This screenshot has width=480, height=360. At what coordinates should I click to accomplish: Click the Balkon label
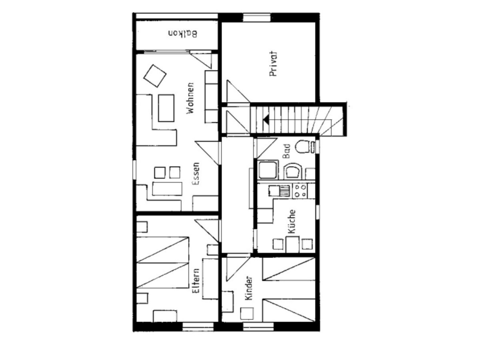pos(182,34)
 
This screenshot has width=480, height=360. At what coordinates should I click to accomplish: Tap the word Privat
pos(273,64)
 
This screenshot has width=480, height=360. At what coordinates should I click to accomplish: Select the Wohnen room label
pos(190,98)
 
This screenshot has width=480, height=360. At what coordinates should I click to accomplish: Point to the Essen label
pos(196,174)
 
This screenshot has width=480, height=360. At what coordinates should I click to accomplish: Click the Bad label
pos(286,151)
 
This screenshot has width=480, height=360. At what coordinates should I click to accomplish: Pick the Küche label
pos(292,222)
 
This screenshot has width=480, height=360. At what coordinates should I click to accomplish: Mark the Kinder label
pos(249,288)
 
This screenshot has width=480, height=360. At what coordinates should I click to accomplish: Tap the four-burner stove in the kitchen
pos(300,191)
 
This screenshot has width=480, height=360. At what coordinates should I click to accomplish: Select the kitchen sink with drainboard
pos(279,191)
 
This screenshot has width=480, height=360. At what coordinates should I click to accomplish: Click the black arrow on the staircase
pos(266,120)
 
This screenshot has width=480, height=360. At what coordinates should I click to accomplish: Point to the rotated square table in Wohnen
pos(155,76)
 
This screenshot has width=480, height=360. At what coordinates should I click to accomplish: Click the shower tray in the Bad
pos(268,170)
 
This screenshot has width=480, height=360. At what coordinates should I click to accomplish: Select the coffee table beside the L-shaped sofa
pos(166,108)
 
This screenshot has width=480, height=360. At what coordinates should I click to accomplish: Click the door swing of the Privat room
pos(238,91)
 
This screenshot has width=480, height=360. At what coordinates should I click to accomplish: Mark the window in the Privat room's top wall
pos(257,18)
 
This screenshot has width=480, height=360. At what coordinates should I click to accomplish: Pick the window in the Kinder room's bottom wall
pos(258,327)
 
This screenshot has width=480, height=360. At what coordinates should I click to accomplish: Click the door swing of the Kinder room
pos(238,269)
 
